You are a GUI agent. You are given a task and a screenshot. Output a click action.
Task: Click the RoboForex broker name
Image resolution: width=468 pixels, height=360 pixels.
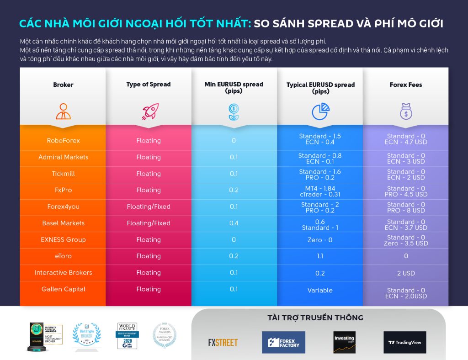click(x=63, y=141)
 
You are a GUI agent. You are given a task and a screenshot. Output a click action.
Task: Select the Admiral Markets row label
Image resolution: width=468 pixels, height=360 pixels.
click(x=63, y=157)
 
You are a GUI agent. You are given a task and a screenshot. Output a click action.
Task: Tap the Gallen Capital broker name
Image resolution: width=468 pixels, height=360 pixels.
click(x=63, y=289)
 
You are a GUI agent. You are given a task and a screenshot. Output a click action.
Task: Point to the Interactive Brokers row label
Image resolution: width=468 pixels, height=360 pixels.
click(x=63, y=273)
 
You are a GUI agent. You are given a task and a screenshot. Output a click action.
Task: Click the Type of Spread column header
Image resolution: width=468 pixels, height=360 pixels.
click(x=149, y=85)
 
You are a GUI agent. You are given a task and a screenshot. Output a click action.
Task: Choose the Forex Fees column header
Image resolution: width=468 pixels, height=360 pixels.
click(x=405, y=85)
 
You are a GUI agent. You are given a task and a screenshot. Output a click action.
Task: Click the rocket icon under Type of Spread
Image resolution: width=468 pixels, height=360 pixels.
click(x=149, y=111)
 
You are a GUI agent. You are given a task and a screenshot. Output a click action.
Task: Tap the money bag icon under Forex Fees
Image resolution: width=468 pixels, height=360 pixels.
click(x=406, y=111)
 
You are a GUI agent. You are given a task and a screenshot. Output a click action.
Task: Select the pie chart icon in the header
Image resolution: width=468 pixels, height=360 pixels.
click(x=320, y=111)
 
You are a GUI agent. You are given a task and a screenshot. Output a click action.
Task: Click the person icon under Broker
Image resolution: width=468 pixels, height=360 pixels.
click(x=63, y=111)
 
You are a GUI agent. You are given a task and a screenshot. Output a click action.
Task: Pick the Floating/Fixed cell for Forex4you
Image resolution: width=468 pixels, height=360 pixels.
click(x=149, y=207)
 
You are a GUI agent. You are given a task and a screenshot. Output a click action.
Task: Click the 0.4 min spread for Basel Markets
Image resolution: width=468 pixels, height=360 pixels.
click(x=234, y=223)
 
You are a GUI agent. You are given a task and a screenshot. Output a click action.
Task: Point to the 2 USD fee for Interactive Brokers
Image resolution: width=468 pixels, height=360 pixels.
click(x=406, y=273)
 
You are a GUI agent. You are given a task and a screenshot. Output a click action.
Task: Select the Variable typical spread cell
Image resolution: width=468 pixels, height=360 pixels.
click(x=320, y=291)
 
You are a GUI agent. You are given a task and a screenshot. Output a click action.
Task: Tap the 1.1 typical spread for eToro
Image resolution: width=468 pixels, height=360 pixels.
click(x=320, y=256)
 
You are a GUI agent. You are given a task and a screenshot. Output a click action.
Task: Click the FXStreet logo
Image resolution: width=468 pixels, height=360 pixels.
click(x=223, y=343)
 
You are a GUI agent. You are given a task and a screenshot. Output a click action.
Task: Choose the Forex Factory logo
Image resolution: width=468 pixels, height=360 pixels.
click(x=283, y=343)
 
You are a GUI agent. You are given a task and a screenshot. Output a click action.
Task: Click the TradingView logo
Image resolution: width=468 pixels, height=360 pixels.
click(x=404, y=343)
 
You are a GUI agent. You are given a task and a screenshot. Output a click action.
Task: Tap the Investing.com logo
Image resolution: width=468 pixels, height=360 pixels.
click(x=344, y=342)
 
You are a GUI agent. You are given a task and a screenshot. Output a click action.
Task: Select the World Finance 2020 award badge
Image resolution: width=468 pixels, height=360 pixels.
click(x=127, y=336)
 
